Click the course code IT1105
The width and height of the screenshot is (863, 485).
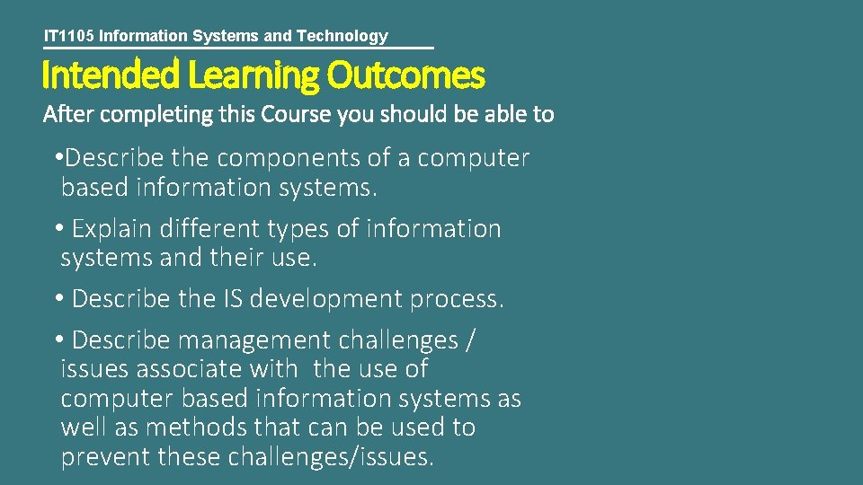coord(69,36)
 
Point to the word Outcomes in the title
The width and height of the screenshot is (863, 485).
coord(405,75)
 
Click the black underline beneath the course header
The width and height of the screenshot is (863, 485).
coord(238,48)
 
